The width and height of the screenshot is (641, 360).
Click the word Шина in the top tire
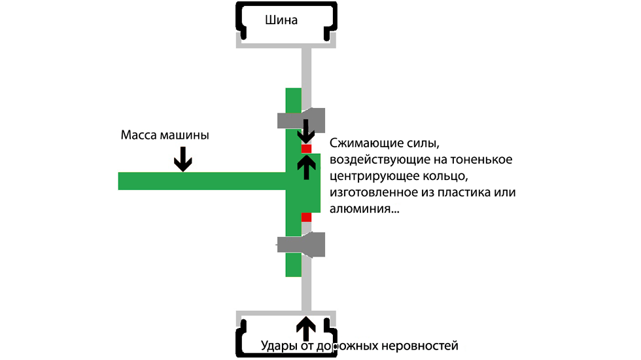281,20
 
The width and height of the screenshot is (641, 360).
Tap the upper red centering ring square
306,149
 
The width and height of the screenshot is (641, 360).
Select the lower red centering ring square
306,217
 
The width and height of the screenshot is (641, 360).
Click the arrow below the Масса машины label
182,158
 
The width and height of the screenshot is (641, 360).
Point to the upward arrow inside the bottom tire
306,328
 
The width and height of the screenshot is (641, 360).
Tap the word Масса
138,135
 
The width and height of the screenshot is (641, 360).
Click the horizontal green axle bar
202,181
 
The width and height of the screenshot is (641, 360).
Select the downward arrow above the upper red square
306,131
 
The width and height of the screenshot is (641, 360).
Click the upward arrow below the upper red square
306,168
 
